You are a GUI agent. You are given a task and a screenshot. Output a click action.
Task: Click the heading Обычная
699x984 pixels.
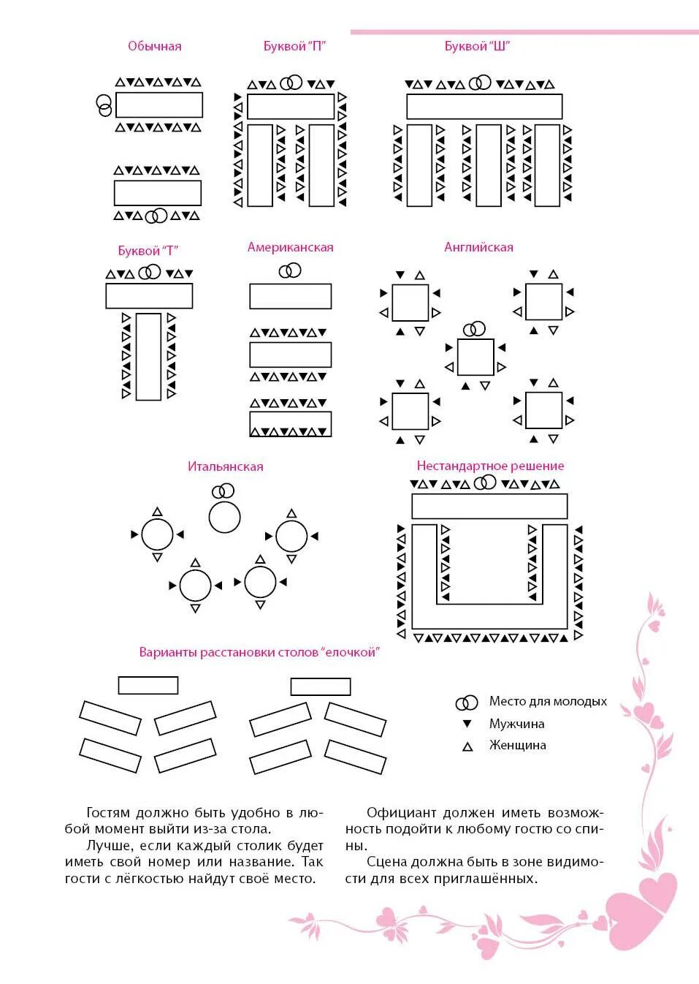tap(154, 46)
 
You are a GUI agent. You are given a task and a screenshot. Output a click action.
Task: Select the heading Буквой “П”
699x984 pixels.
tap(294, 46)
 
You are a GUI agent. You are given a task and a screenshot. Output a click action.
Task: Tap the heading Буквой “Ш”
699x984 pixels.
tap(477, 46)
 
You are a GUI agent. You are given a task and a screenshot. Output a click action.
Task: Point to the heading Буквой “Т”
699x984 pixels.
tap(148, 251)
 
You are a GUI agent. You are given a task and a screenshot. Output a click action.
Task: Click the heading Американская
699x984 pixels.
tap(290, 247)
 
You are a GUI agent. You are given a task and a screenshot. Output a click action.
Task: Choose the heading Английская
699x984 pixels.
tap(478, 247)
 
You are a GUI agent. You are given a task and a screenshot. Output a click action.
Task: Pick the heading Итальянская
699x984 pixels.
tap(225, 466)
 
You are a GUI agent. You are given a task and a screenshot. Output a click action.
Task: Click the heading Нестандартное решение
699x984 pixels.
tap(490, 466)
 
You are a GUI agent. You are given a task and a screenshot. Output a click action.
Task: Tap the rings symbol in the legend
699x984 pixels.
tap(466, 703)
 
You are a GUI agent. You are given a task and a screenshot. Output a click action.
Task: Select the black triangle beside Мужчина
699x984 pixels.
tap(467, 724)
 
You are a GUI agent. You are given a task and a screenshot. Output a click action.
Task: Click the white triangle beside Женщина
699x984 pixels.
tap(467, 746)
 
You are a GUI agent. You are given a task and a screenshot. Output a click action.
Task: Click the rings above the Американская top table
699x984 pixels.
tap(290, 271)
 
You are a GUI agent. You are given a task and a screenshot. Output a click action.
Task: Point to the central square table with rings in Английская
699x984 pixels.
tap(475, 357)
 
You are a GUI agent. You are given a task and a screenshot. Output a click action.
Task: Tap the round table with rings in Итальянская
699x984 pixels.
tap(224, 517)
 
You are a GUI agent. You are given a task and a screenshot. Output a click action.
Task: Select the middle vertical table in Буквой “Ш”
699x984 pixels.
tap(489, 165)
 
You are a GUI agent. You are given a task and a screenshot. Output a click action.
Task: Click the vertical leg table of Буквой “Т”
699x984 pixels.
tap(148, 357)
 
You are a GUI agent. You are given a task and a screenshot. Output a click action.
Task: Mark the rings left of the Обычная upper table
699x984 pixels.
tap(104, 105)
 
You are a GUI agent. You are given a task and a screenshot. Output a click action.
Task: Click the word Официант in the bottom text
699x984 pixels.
tap(401, 813)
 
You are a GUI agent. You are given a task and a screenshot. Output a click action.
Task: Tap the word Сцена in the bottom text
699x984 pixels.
tap(386, 862)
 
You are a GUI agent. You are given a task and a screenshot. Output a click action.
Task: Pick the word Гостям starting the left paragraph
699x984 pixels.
tap(108, 813)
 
